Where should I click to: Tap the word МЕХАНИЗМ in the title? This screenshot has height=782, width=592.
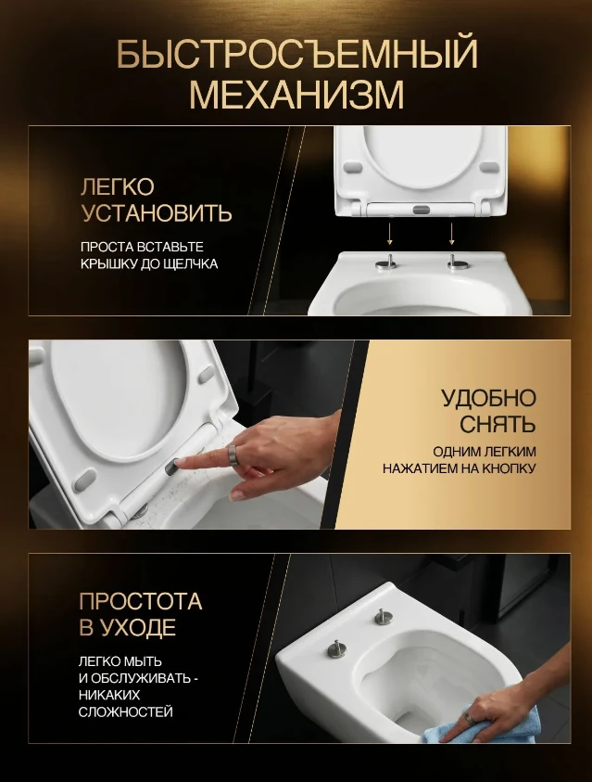[296, 94]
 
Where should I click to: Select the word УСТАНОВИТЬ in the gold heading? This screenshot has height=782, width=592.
[157, 213]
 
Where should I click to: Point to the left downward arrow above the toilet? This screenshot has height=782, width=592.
[390, 234]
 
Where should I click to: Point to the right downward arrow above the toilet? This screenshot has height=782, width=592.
[451, 234]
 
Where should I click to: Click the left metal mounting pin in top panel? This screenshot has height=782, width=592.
[386, 262]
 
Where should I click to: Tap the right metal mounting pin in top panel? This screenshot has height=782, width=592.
[456, 262]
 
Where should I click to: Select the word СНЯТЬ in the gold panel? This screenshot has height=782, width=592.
[498, 425]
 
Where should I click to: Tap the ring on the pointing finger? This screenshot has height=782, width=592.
[234, 455]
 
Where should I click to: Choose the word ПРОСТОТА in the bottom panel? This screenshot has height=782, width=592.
[141, 601]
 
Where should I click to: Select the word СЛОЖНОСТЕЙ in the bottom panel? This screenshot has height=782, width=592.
[125, 711]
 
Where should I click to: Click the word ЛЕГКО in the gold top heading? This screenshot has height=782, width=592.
[118, 187]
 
